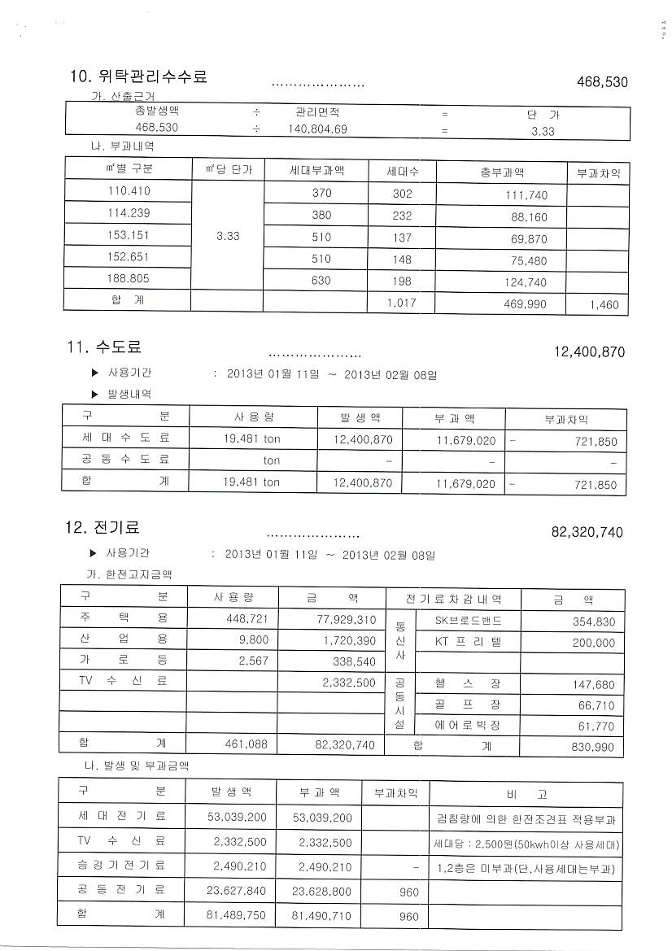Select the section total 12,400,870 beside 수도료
(589, 352)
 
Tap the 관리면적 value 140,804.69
(317, 129)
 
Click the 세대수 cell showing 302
(402, 194)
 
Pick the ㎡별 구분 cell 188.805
(129, 278)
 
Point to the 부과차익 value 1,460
(603, 305)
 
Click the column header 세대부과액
(317, 171)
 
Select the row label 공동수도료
(125, 460)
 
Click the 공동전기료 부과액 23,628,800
(321, 892)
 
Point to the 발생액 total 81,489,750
(238, 916)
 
